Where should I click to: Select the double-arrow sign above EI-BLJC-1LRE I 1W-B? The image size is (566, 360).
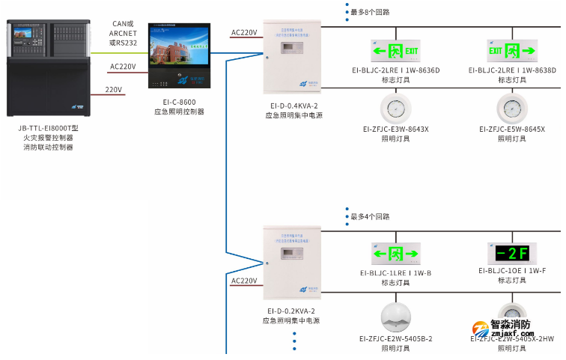point(396,252)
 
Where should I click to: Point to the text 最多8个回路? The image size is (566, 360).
point(370,12)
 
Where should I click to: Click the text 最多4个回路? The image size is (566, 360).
point(370,216)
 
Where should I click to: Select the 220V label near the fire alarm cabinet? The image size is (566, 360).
point(113,89)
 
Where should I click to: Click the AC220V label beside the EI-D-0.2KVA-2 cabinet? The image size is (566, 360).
point(244,281)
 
